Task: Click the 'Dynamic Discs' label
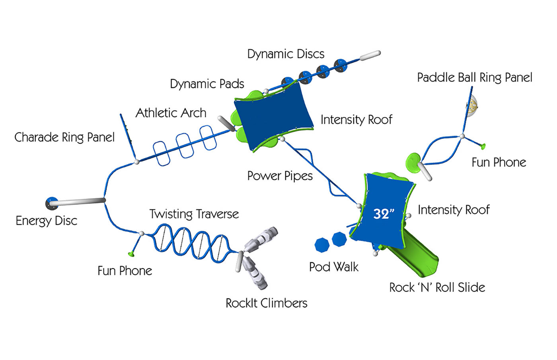(x=286, y=54)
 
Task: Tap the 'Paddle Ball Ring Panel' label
(x=474, y=78)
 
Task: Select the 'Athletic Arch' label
(x=171, y=113)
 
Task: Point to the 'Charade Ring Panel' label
(x=64, y=138)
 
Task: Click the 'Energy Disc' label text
(x=46, y=221)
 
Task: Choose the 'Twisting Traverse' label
(x=194, y=214)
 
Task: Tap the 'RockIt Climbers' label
(x=266, y=303)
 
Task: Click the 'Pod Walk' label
(x=333, y=267)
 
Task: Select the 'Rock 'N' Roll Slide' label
(x=437, y=288)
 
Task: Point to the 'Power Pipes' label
(x=280, y=176)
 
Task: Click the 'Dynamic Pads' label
(x=207, y=84)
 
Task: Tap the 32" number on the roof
(x=384, y=214)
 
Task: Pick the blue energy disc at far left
(x=52, y=203)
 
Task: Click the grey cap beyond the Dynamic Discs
(x=370, y=55)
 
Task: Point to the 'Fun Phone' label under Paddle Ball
(x=499, y=162)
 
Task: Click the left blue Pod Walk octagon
(x=321, y=245)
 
